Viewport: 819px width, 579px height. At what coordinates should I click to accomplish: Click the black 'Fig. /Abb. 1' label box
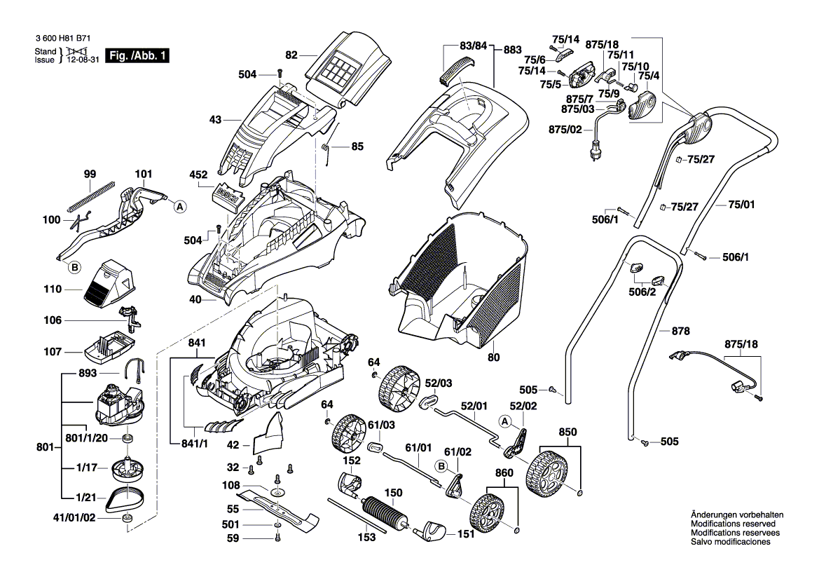tap(137, 55)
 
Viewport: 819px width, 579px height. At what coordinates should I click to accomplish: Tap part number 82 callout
tap(291, 53)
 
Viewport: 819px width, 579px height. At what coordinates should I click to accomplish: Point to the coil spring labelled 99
tap(90, 197)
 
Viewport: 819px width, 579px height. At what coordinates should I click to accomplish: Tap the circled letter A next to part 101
tap(180, 207)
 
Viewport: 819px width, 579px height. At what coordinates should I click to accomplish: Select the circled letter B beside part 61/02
tap(441, 465)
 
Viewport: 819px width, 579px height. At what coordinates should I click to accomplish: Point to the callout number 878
tap(680, 330)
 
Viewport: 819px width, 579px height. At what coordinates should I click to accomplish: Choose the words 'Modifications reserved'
tap(733, 524)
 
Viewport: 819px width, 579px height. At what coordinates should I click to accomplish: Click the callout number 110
tap(53, 289)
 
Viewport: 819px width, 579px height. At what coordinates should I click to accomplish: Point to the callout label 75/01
tap(743, 204)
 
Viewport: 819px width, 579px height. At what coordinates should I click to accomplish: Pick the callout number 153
tap(367, 538)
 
